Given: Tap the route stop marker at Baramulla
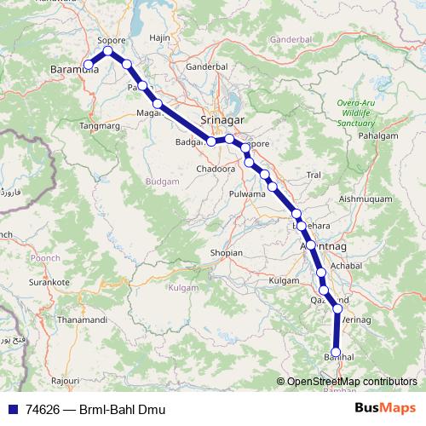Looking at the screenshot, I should pyautogui.click(x=88, y=64).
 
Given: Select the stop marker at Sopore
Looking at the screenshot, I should pyautogui.click(x=108, y=51).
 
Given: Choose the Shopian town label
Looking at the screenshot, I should pyautogui.click(x=226, y=254).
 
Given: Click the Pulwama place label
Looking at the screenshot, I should pyautogui.click(x=248, y=194).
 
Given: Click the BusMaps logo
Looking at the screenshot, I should pyautogui.click(x=386, y=409).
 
